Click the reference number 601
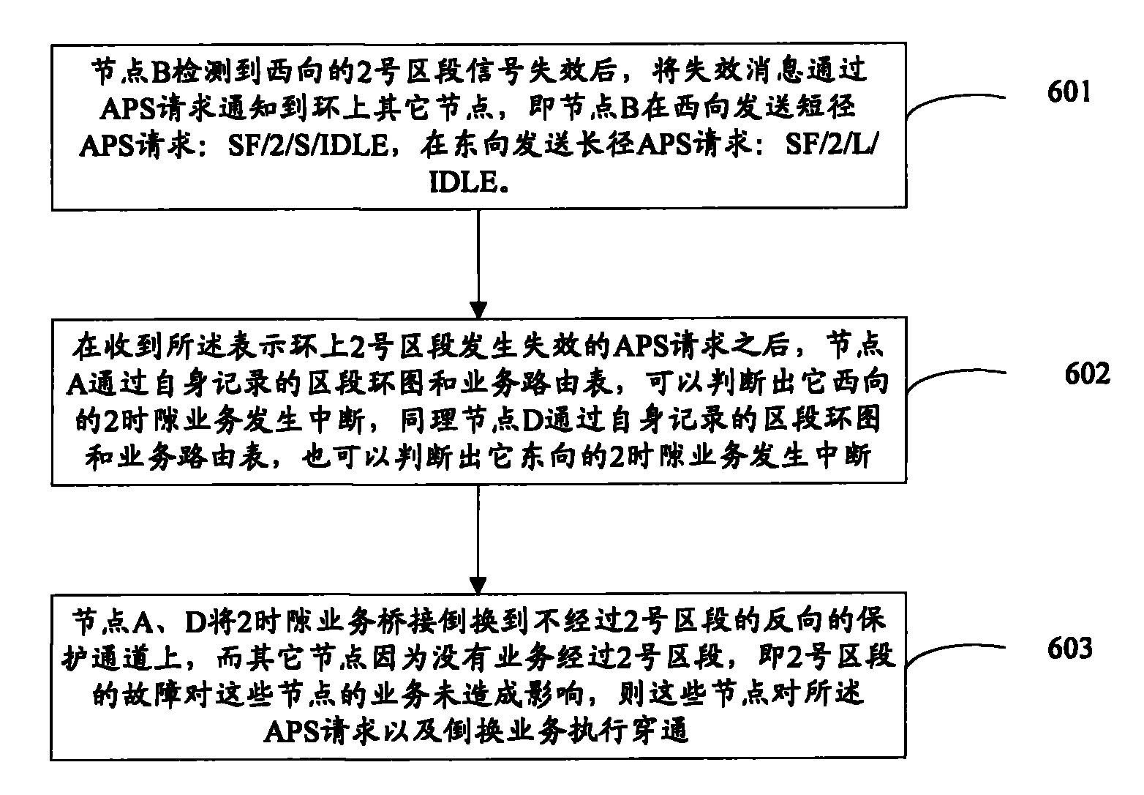[1069, 93]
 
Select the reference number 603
[1069, 648]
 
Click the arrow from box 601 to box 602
[478, 264]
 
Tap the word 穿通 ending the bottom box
[663, 731]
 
